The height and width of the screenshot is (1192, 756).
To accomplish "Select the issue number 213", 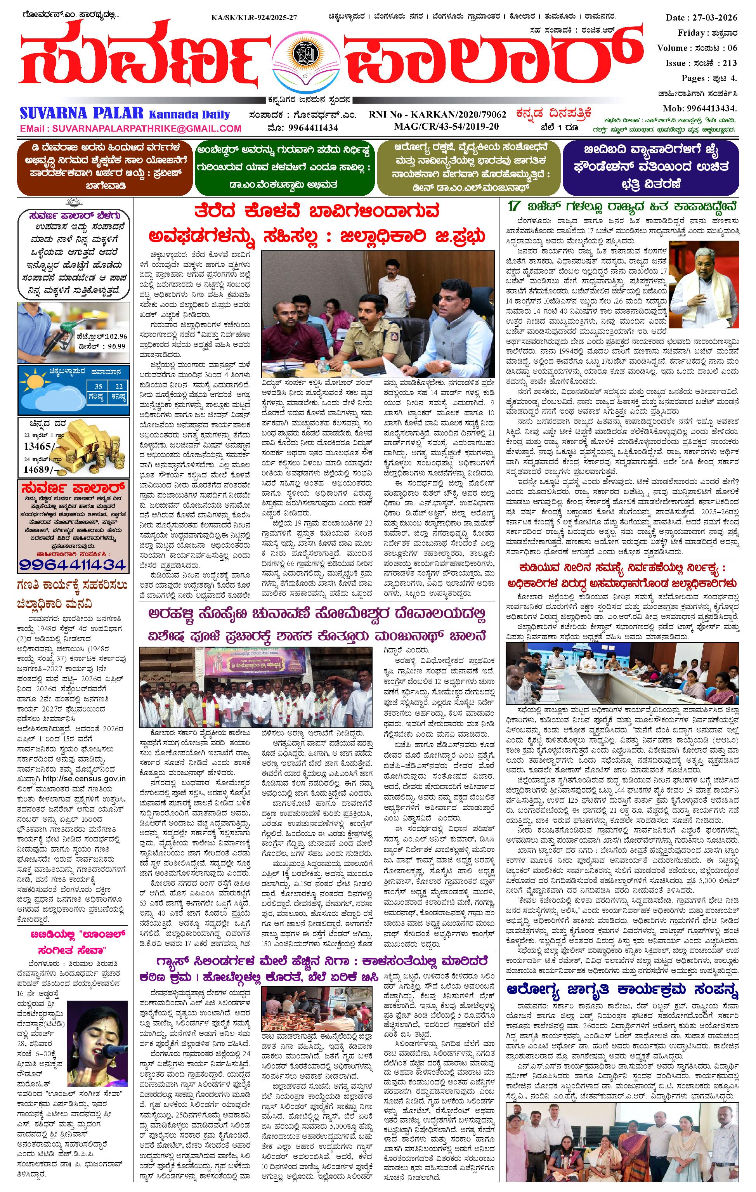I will (x=729, y=63).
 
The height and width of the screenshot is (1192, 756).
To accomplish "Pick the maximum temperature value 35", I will (x=99, y=386).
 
